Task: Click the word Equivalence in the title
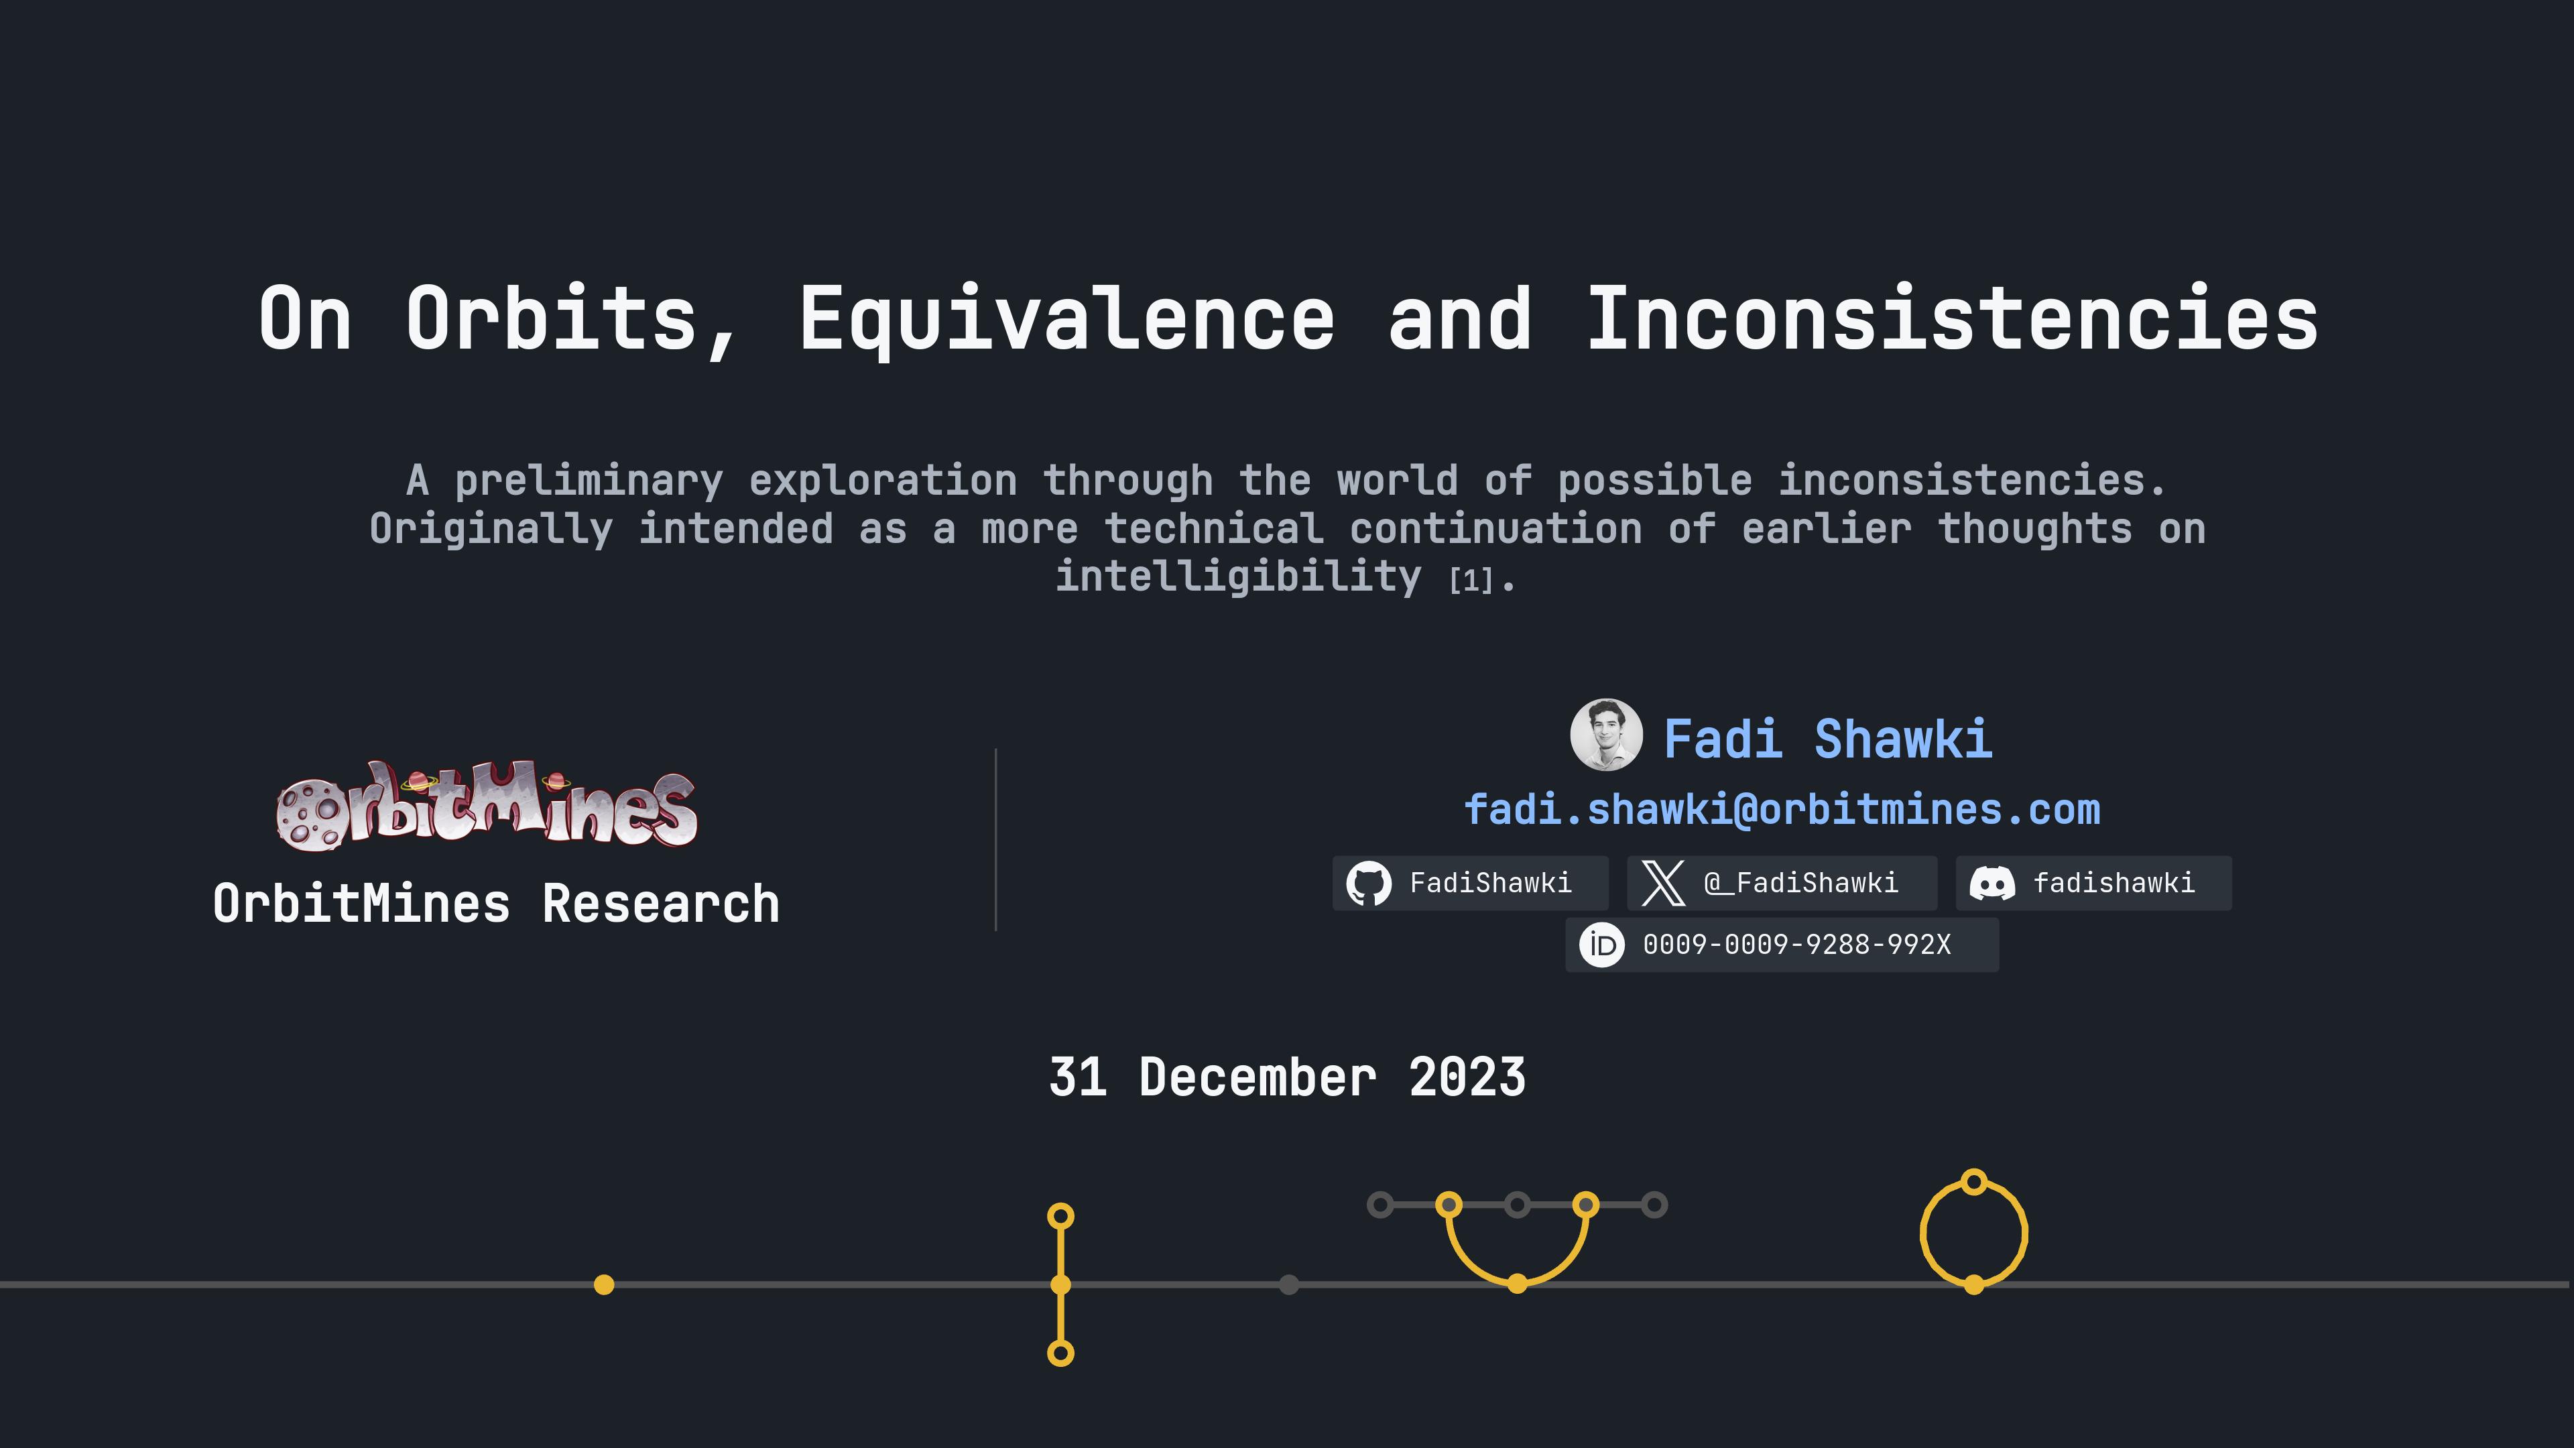click(1066, 318)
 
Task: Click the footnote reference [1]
click(1470, 581)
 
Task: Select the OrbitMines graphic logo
click(487, 805)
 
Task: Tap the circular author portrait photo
click(1606, 735)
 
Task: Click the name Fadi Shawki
click(1827, 739)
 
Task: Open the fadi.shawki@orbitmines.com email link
click(1782, 809)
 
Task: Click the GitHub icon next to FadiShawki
click(1368, 884)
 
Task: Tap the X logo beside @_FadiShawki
click(1662, 884)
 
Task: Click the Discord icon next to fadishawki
click(1991, 884)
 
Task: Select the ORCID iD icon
click(1602, 945)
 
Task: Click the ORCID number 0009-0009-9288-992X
click(1796, 945)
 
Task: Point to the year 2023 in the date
click(1467, 1077)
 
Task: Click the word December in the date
click(1257, 1077)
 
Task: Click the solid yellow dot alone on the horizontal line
click(603, 1284)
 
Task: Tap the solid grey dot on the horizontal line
click(1289, 1284)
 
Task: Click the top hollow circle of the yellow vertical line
click(1060, 1216)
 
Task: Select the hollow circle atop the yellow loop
click(1973, 1182)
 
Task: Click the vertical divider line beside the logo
click(995, 839)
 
